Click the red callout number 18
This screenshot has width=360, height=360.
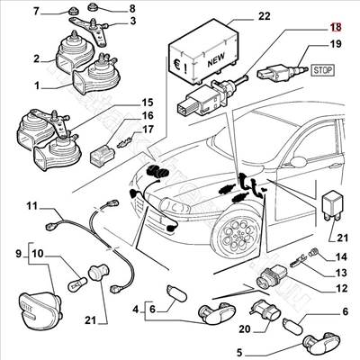point(335,27)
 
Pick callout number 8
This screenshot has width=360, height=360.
point(131,9)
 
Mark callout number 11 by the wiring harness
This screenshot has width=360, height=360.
point(31,206)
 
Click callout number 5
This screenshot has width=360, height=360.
point(239,353)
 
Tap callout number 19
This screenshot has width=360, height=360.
point(335,43)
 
